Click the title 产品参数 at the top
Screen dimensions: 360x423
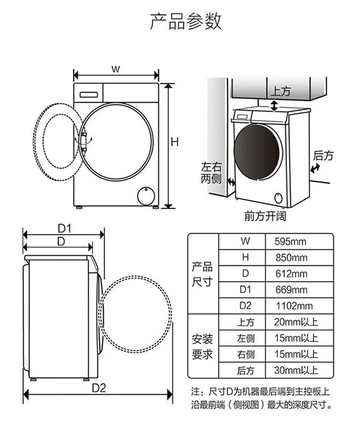(x=186, y=21)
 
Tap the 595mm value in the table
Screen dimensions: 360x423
(x=290, y=242)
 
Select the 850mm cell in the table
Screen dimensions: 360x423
(x=291, y=258)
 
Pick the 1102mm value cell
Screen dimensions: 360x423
(x=294, y=306)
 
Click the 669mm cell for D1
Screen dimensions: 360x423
(x=291, y=290)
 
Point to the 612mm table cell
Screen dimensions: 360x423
(x=291, y=274)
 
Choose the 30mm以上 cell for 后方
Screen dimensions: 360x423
(x=296, y=370)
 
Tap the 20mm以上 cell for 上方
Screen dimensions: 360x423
(x=296, y=322)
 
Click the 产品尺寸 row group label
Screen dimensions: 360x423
(x=202, y=274)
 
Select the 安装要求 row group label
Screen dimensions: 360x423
(x=202, y=347)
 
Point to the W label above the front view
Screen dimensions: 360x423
(x=116, y=69)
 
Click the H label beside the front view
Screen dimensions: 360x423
(x=175, y=142)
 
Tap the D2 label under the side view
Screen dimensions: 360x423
(x=99, y=388)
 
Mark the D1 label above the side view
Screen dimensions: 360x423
(x=65, y=229)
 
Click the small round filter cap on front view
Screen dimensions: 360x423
(x=146, y=195)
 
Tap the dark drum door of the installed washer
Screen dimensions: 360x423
(x=257, y=152)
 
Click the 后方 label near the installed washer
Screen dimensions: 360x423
(x=323, y=156)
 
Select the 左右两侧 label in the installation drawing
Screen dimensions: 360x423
(x=211, y=173)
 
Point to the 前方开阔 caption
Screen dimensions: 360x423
(x=265, y=216)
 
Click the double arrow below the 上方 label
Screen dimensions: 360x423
(x=274, y=106)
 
